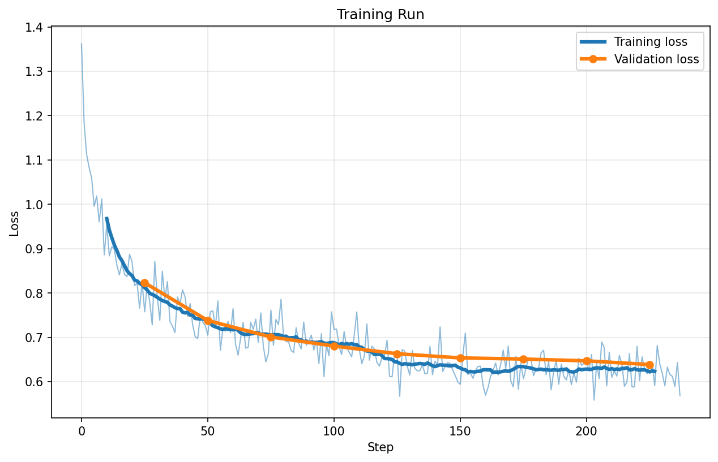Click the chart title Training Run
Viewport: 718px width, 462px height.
[380, 15]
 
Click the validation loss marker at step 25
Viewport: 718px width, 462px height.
[144, 283]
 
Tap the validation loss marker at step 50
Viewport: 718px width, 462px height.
[208, 321]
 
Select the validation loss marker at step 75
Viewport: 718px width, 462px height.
[271, 337]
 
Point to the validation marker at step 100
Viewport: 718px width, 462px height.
[334, 346]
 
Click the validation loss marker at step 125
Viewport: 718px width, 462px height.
[397, 354]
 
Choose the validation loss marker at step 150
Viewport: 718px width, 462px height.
[460, 358]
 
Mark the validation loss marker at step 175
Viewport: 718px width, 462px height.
[523, 359]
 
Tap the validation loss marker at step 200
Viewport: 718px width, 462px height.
[587, 361]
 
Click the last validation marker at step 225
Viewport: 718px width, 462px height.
[649, 365]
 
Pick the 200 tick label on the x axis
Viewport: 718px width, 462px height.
[587, 430]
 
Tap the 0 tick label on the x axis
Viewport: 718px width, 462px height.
[82, 430]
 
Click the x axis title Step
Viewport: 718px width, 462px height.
[380, 447]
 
